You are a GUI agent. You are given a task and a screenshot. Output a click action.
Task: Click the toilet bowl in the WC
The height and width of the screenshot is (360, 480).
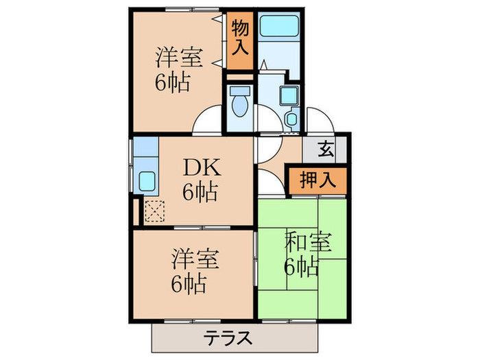pyautogui.click(x=240, y=106)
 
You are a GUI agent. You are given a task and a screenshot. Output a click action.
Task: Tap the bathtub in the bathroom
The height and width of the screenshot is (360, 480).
pyautogui.click(x=278, y=26)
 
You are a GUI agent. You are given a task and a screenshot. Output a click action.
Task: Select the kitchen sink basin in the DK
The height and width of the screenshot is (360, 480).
pyautogui.click(x=147, y=181)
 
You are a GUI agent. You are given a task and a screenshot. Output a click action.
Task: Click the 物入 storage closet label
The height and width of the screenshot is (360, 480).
pyautogui.click(x=240, y=37)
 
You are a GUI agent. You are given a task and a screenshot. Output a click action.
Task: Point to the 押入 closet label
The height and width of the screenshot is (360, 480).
pyautogui.click(x=317, y=180)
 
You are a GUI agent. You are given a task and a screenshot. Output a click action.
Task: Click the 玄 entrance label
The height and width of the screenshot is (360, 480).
pyautogui.click(x=326, y=149)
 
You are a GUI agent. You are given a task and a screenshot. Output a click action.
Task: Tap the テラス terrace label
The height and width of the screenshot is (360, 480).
pyautogui.click(x=228, y=338)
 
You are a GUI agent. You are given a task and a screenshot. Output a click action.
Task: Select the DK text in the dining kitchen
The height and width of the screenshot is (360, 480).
pyautogui.click(x=202, y=168)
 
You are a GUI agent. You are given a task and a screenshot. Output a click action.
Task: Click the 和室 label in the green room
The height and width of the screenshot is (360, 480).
pyautogui.click(x=308, y=242)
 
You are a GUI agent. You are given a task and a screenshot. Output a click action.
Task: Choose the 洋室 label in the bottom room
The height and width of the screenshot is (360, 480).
pyautogui.click(x=195, y=259)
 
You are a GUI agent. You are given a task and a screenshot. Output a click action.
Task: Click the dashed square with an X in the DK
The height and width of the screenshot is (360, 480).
pyautogui.click(x=154, y=211)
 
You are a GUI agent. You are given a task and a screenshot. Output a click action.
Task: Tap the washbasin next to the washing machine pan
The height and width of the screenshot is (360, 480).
pyautogui.click(x=292, y=118)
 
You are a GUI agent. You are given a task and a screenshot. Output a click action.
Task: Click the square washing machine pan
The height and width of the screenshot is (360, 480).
pyautogui.click(x=289, y=95)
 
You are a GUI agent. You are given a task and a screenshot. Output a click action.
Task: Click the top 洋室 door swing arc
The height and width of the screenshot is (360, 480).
pyautogui.click(x=200, y=113)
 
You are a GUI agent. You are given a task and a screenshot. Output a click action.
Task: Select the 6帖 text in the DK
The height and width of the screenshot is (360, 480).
pyautogui.click(x=200, y=192)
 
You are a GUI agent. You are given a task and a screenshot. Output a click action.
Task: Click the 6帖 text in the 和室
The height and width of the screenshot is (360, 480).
pyautogui.click(x=302, y=267)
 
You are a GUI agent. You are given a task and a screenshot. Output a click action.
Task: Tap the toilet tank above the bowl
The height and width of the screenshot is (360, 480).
pyautogui.click(x=240, y=91)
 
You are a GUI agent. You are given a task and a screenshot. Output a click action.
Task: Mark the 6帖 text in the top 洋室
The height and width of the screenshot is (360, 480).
pyautogui.click(x=173, y=83)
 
